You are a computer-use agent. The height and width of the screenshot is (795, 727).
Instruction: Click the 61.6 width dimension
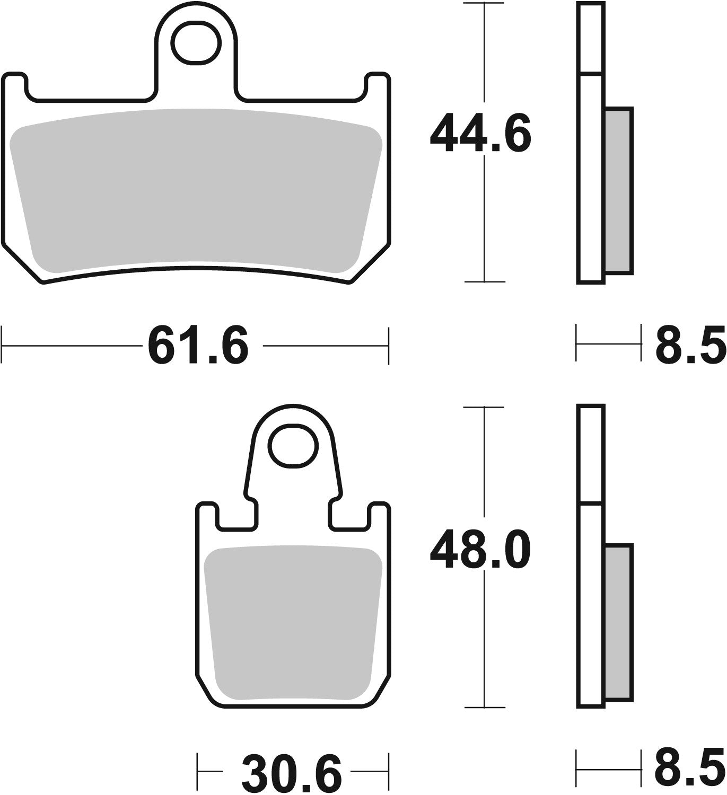tap(197, 346)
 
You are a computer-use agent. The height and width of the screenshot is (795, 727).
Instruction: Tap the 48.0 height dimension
tap(480, 551)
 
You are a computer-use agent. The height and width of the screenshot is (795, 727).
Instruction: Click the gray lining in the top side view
tap(618, 191)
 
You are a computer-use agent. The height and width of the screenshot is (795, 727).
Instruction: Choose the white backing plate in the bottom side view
tap(590, 604)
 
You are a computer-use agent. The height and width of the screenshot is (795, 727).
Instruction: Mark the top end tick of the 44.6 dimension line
tap(484, 3)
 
